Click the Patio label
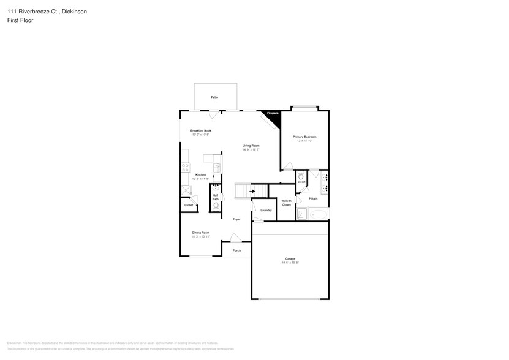(214, 97)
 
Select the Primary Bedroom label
(306, 136)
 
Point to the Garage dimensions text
(290, 263)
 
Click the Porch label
(236, 250)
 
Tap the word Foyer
(236, 219)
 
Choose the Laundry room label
(266, 210)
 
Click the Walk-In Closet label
(286, 203)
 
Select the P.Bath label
(313, 198)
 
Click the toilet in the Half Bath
(216, 206)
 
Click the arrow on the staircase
(252, 191)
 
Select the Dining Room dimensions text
(201, 236)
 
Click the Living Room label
(251, 146)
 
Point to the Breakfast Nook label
(200, 130)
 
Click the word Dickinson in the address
(73, 11)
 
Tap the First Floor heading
(21, 20)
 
